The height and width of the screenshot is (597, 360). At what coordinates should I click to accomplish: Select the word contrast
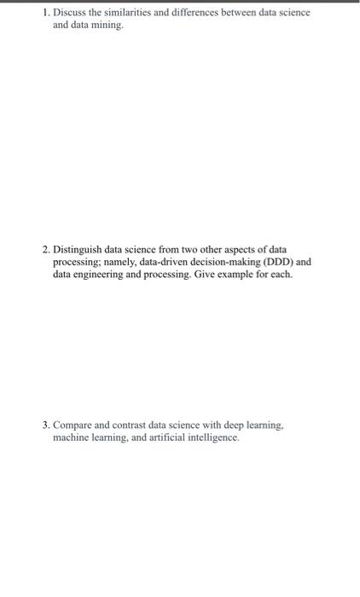pyautogui.click(x=131, y=425)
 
